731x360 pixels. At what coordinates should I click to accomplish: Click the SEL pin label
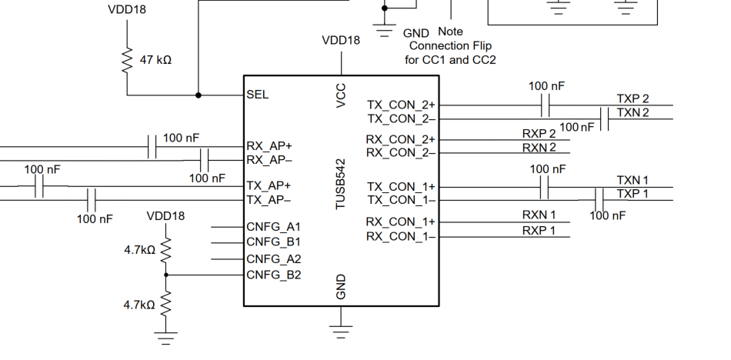pos(257,95)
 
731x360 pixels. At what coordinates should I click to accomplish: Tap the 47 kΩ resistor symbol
pos(127,60)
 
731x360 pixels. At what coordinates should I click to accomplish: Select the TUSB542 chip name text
pos(341,184)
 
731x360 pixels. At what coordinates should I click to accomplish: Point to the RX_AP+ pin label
pos(269,146)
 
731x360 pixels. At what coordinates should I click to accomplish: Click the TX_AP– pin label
pos(269,200)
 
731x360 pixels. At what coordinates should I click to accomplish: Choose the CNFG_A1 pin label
pos(274,227)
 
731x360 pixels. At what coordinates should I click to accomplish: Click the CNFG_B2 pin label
pos(274,275)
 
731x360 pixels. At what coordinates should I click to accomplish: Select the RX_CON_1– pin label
pos(401,237)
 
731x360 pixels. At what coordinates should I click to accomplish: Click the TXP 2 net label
pos(633,99)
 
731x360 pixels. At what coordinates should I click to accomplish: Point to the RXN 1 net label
pos(539,215)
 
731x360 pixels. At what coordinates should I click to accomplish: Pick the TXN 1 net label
pos(633,180)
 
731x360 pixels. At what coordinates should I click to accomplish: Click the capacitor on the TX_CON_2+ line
pos(546,105)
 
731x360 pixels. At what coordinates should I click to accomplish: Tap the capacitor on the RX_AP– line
pos(204,161)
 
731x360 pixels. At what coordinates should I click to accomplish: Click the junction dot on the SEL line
pos(198,95)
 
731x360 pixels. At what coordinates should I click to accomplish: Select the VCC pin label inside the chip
pos(341,95)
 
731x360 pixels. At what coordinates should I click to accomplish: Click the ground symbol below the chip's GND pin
pos(341,331)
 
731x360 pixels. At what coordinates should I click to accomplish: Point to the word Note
pos(450,32)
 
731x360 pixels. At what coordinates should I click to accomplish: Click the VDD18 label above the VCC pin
pos(341,41)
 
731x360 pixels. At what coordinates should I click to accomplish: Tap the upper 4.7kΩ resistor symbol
pos(165,251)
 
